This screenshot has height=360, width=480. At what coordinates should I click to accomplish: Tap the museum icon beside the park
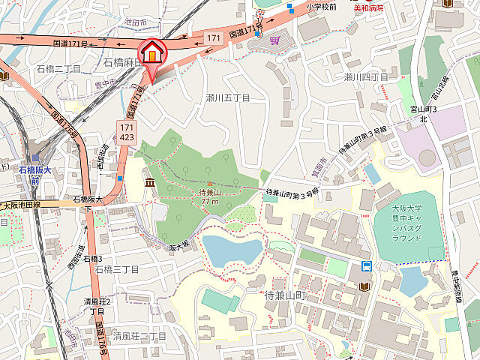tap(148, 183)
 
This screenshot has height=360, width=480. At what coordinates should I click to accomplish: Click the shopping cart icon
tap(275, 40)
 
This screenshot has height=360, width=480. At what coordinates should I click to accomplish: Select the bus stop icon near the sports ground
tap(367, 265)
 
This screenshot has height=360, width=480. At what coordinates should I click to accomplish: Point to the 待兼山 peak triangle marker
tap(209, 183)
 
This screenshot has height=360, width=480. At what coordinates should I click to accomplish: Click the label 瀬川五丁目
tap(227, 98)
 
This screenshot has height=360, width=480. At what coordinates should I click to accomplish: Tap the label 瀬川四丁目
tap(366, 77)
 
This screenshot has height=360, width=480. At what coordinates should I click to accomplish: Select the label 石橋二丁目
tap(58, 68)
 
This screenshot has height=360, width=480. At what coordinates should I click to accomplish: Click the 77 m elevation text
tap(209, 202)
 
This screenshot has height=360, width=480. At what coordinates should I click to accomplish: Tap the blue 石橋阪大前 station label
tap(34, 174)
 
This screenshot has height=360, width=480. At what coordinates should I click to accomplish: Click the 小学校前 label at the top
tap(321, 7)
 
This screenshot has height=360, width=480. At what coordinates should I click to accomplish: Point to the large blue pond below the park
tap(231, 250)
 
